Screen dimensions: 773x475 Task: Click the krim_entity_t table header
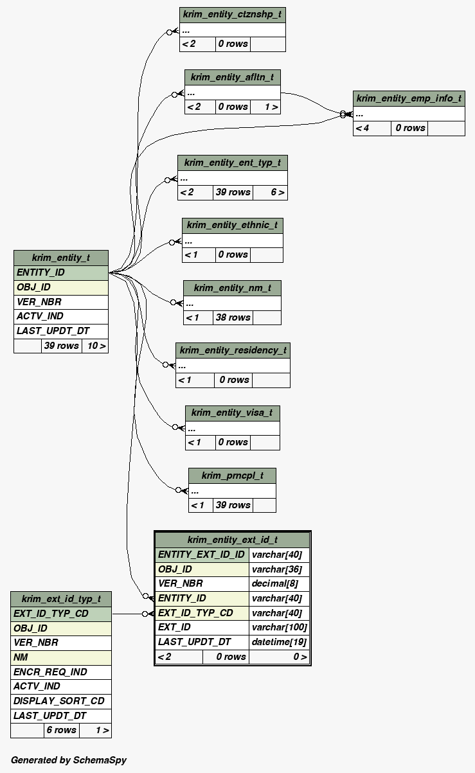(61, 258)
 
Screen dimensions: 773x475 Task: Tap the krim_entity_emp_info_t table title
(409, 98)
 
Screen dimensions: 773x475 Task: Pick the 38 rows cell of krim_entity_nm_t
(233, 317)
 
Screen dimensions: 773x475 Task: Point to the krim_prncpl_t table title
(232, 475)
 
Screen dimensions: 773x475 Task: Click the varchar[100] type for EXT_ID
(279, 627)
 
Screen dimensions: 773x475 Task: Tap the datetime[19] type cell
(279, 642)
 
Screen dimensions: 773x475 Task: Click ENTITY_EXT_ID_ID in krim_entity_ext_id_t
(202, 555)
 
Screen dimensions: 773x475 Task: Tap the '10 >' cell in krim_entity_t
(95, 346)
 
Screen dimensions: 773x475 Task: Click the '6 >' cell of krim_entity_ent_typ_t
(270, 192)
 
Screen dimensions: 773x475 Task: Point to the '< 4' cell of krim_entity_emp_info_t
(372, 128)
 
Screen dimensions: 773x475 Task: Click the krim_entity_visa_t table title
(232, 413)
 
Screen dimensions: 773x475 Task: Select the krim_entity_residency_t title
(233, 350)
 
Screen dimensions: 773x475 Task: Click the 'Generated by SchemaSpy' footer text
(69, 760)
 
